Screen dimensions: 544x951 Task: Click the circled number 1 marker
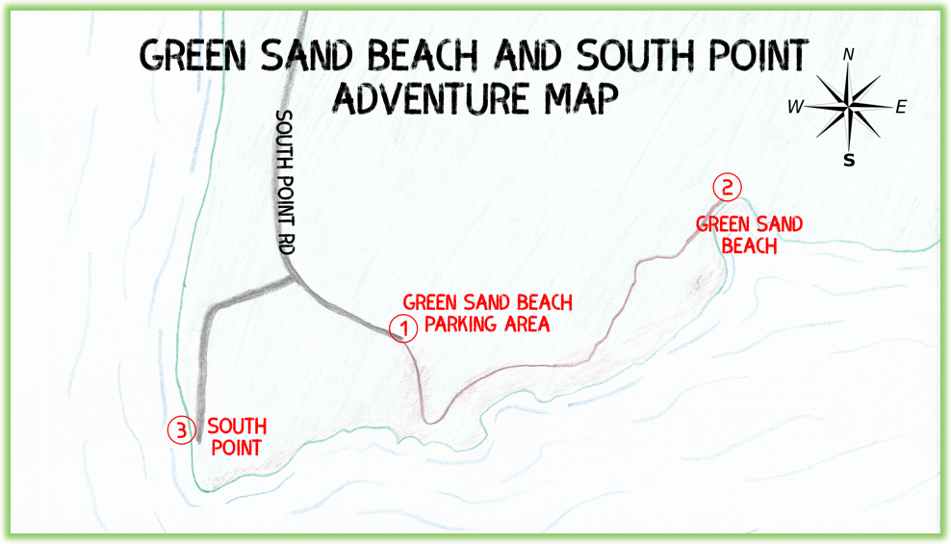coord(403,328)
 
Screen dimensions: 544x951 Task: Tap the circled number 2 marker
coord(727,187)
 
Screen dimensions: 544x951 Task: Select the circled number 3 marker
coord(181,430)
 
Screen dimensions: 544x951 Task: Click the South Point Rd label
coord(285,182)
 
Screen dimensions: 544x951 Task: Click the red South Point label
coord(237,436)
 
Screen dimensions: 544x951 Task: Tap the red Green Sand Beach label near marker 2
coord(749,234)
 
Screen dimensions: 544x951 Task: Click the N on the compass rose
coord(848,56)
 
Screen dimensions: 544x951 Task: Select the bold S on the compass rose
coord(848,160)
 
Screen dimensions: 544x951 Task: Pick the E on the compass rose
coord(901,108)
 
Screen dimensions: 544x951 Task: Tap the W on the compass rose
coord(795,108)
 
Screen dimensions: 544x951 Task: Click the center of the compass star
coord(849,107)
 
